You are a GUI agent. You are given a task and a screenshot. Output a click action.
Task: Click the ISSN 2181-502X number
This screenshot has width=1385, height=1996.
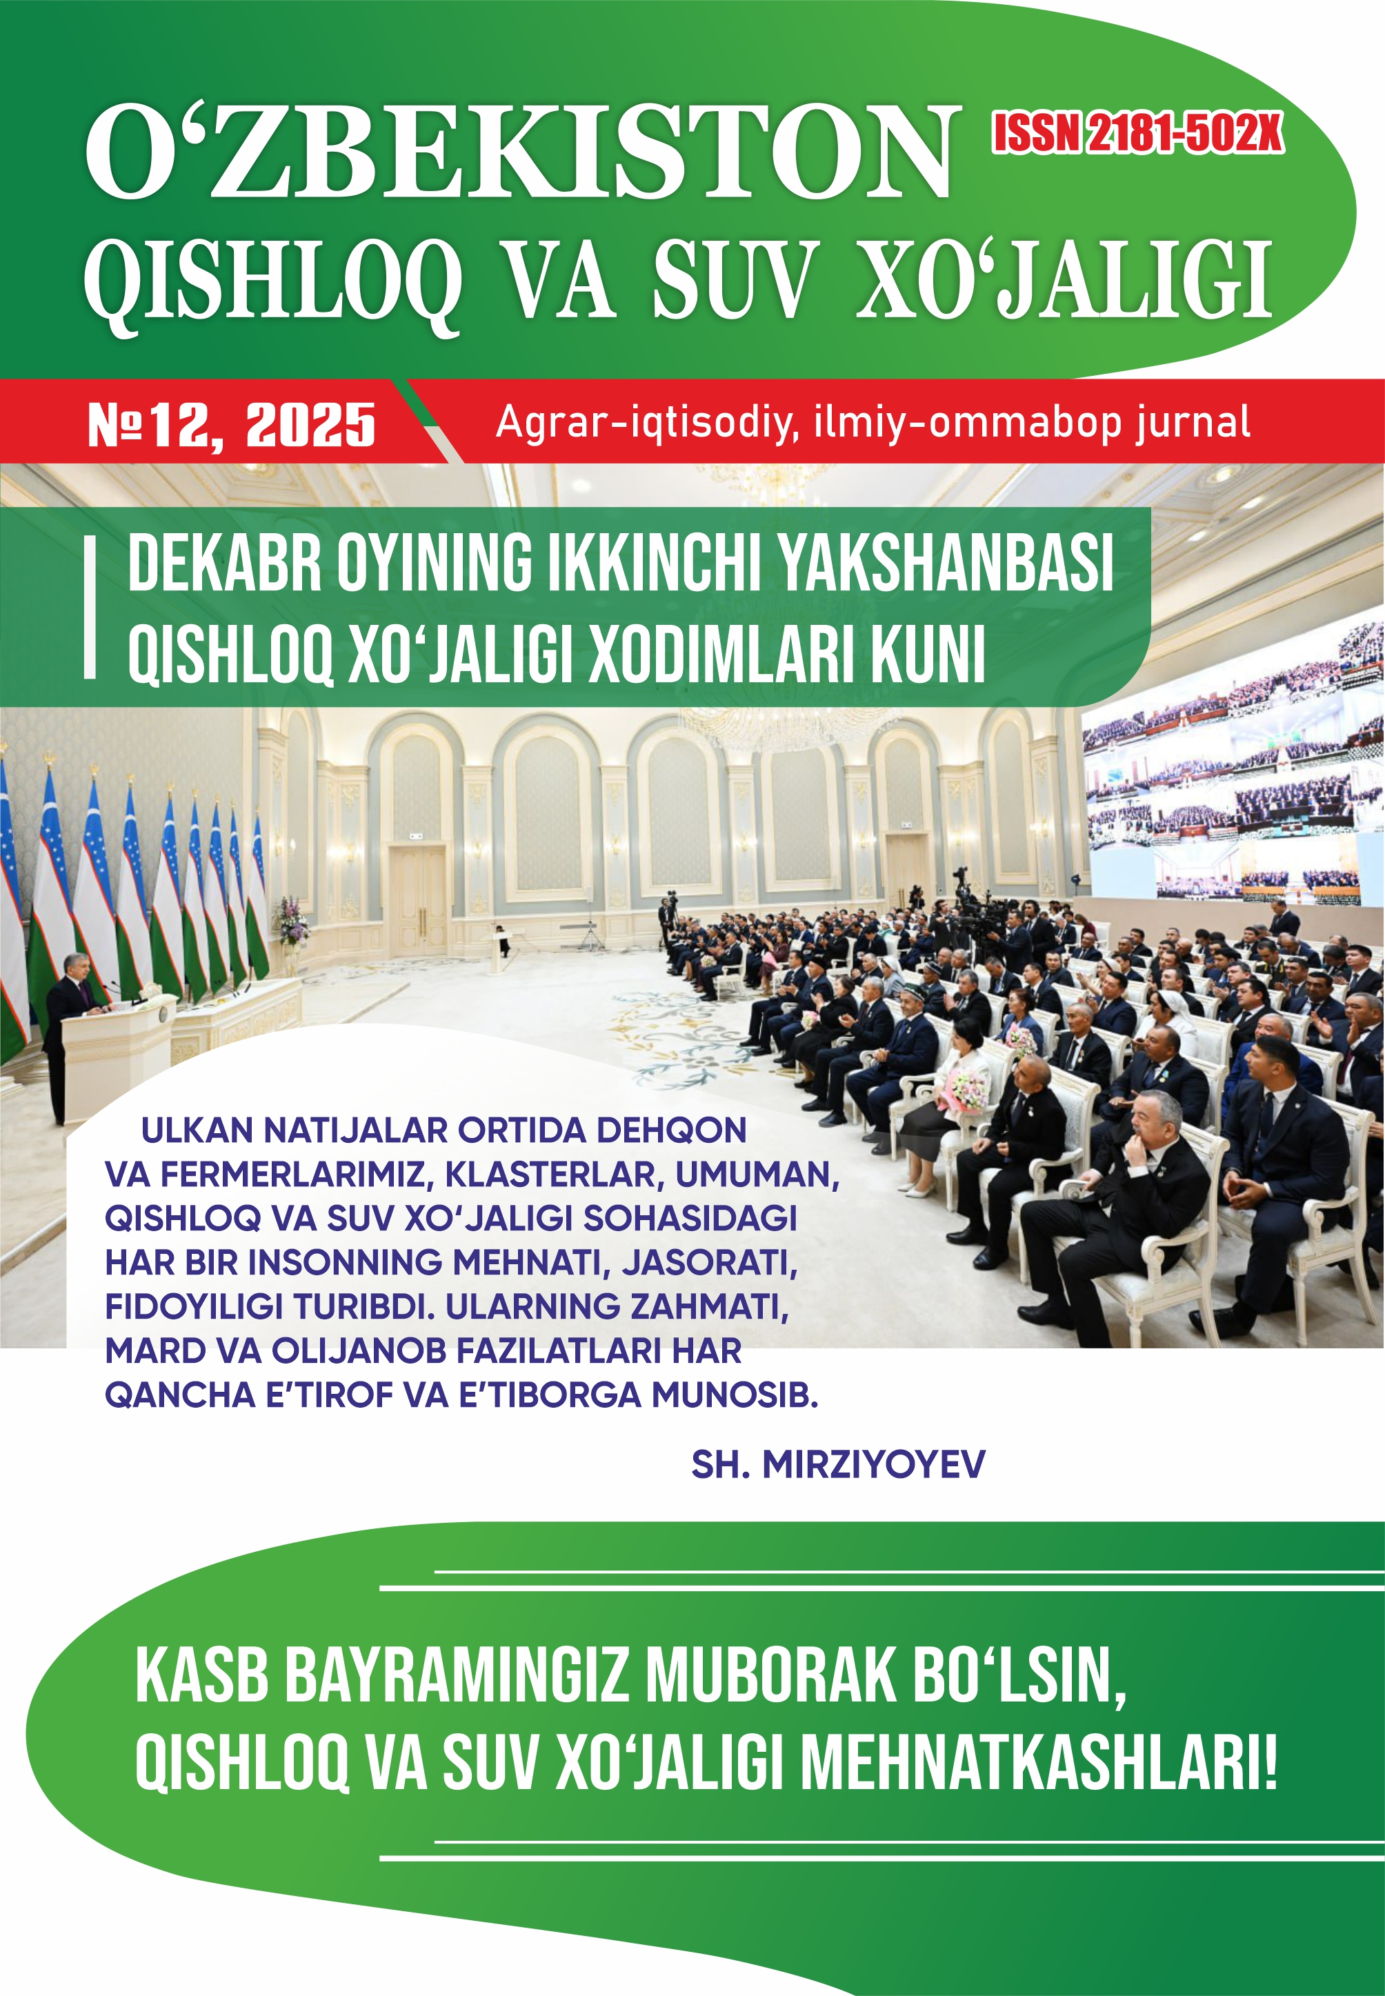(1137, 134)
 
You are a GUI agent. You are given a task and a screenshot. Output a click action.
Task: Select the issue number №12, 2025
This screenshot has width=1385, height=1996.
(232, 426)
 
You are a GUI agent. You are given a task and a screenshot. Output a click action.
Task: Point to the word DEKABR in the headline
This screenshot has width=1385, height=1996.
(225, 564)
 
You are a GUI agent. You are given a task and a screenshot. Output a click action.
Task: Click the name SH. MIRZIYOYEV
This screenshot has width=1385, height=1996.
(837, 1464)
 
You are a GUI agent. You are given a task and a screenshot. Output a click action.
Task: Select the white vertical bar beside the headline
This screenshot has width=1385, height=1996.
(90, 608)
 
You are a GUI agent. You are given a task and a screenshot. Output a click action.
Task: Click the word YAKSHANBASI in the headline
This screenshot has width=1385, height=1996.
(944, 564)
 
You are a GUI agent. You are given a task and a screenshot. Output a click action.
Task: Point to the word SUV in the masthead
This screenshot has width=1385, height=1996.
(734, 279)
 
